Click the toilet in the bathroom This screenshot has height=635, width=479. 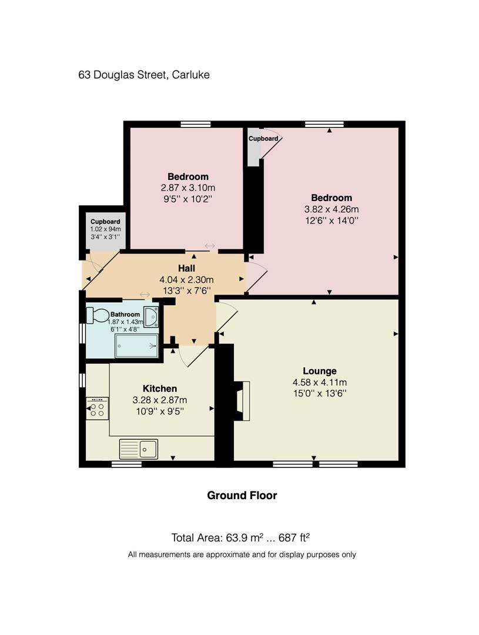(x=98, y=316)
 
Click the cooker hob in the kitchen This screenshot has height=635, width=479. (x=98, y=408)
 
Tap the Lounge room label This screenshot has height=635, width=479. (x=320, y=371)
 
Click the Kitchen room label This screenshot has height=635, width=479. (x=160, y=389)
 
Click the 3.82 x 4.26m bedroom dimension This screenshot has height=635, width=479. (x=331, y=209)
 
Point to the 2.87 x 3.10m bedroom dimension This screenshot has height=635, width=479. (x=187, y=188)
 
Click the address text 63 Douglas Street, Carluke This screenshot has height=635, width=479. (x=144, y=75)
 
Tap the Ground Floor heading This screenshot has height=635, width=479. (x=242, y=495)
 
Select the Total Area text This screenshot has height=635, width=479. (x=240, y=537)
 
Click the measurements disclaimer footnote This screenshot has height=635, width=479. (x=242, y=554)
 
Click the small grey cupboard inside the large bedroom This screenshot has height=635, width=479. (x=253, y=146)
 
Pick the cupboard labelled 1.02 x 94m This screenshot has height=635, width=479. (x=105, y=229)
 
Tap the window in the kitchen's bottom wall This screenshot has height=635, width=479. (x=126, y=464)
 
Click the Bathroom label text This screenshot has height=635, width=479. (x=125, y=315)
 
